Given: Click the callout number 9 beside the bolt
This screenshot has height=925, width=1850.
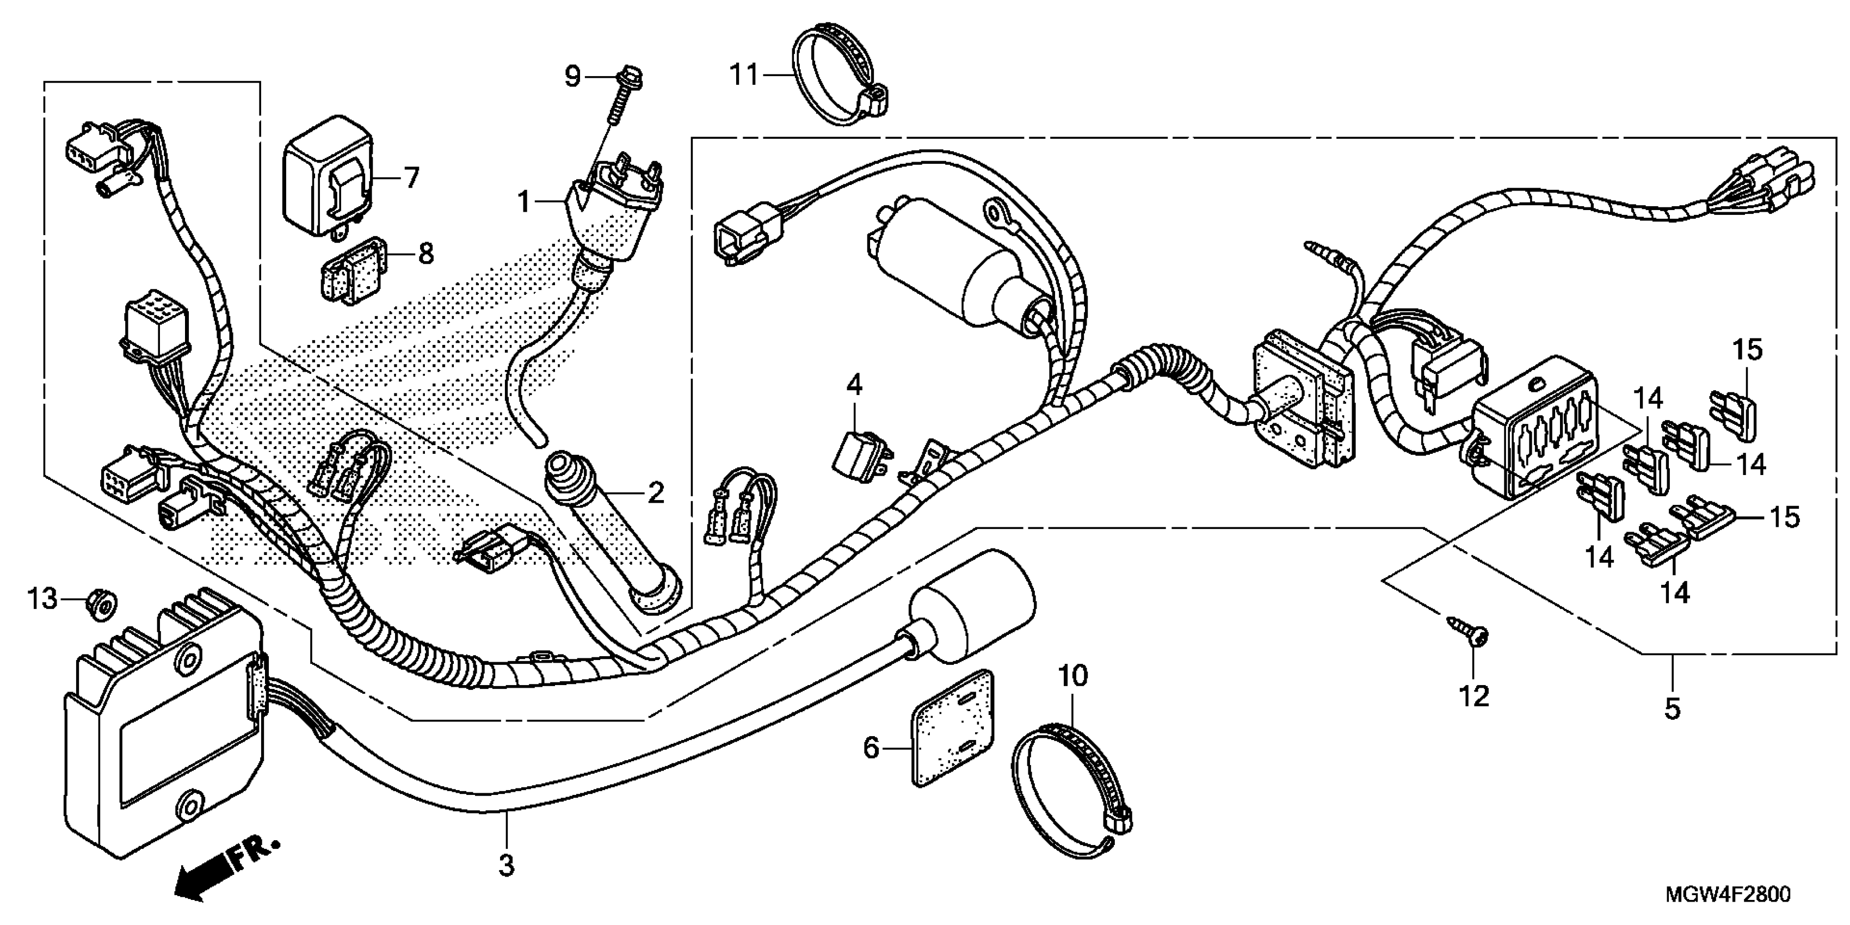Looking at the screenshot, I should pos(572,76).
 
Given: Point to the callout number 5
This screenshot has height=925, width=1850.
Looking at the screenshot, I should pos(1673,709).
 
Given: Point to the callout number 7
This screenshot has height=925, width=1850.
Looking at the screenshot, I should pos(411,177).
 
